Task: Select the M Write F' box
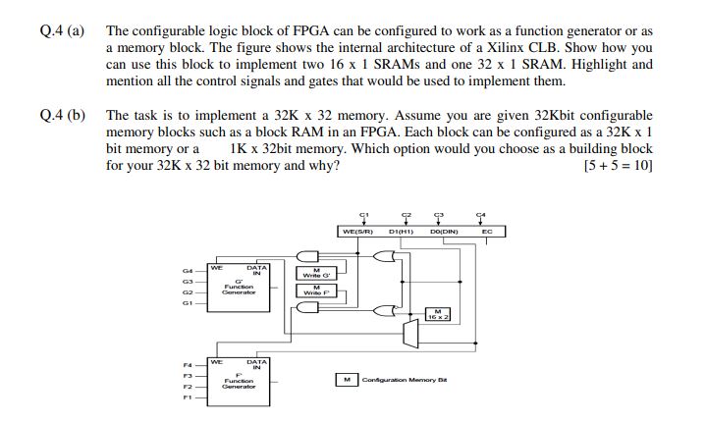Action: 315,290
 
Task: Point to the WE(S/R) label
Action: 354,232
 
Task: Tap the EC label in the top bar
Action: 487,232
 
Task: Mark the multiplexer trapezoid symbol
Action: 409,335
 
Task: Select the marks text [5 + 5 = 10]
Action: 618,164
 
